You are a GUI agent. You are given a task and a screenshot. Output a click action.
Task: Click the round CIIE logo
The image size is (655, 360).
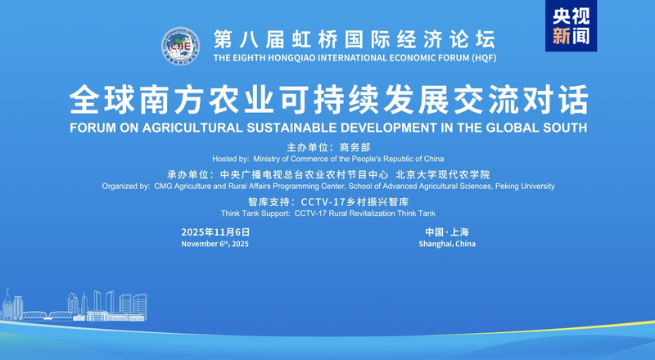coord(180,46)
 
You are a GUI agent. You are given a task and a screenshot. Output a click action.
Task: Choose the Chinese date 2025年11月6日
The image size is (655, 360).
coord(216,232)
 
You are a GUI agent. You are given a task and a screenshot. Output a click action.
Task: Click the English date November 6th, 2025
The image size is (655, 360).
coord(215,244)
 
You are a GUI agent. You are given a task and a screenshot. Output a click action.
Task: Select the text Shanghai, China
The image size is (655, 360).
coord(447,244)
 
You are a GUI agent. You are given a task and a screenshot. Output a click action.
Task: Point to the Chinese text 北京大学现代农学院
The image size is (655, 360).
coord(442,174)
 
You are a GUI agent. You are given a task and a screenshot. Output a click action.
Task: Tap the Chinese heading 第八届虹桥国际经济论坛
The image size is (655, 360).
coord(354,38)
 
